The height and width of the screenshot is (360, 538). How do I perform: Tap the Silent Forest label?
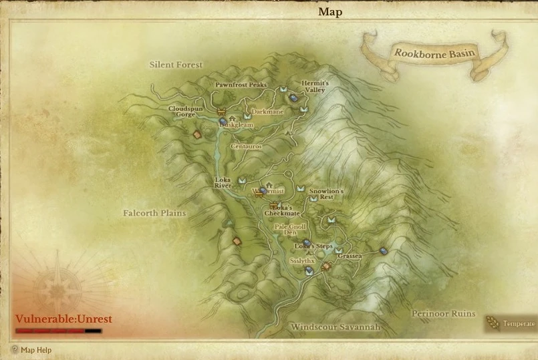point(176,65)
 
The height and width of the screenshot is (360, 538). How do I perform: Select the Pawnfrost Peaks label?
point(241,85)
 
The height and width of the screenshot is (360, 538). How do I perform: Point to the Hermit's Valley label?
point(315,86)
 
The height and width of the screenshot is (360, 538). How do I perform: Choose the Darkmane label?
point(267,112)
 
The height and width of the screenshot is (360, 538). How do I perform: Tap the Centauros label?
point(246,145)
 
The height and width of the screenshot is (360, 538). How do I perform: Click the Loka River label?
point(223,182)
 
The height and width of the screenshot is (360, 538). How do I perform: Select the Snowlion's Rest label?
point(325,194)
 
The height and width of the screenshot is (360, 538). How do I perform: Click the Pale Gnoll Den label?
point(290,229)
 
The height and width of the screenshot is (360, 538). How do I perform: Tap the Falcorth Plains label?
point(154,213)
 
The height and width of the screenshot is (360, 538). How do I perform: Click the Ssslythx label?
point(302,260)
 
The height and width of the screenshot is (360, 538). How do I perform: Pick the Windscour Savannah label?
point(335,327)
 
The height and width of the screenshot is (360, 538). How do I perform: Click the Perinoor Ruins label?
point(443,313)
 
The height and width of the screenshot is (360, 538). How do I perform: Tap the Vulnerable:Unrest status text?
point(63,319)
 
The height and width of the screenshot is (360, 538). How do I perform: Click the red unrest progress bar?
point(58,331)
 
